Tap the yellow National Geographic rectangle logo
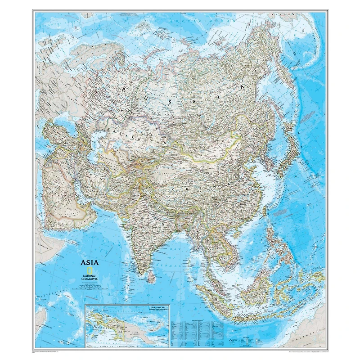(x=89, y=271)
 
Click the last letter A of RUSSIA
(x=242, y=85)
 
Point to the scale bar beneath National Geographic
(x=89, y=283)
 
